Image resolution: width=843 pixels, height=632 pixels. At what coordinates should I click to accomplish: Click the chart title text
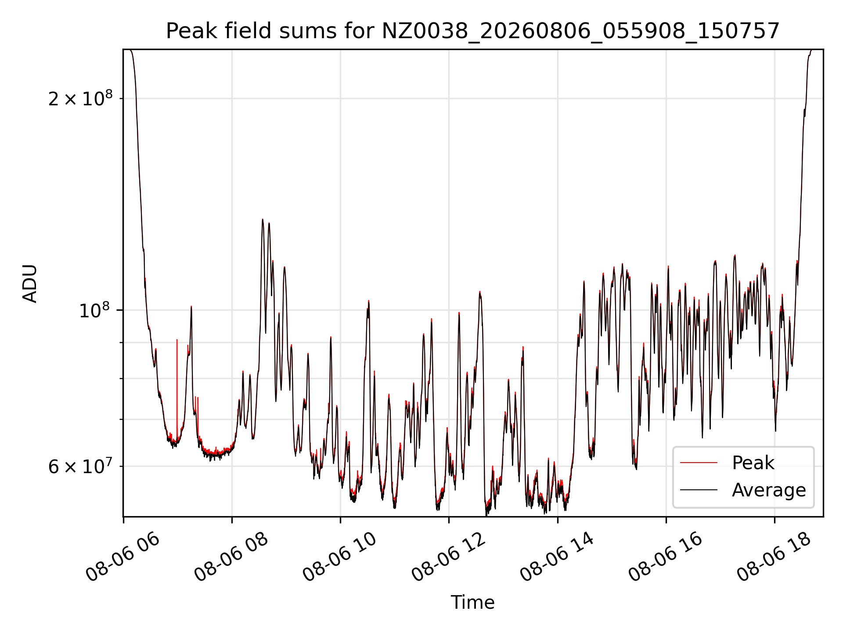[473, 31]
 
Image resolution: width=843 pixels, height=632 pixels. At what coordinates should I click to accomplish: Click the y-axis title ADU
[30, 284]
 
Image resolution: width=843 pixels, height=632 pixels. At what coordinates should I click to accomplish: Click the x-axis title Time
[473, 603]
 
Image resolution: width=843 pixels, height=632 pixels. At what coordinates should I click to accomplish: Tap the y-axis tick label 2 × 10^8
[80, 98]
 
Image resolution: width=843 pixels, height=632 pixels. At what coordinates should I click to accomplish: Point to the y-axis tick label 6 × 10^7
[80, 466]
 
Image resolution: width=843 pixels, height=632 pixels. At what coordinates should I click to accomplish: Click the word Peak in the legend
[753, 463]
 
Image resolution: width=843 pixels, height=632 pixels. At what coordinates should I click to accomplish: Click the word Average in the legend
[769, 490]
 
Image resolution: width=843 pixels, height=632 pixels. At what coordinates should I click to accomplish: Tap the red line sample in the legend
[699, 463]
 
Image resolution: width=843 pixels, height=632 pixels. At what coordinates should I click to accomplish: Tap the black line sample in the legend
[699, 490]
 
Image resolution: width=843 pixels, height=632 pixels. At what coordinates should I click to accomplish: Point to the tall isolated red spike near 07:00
[177, 386]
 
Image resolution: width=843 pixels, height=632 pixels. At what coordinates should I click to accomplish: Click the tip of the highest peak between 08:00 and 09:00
[263, 219]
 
